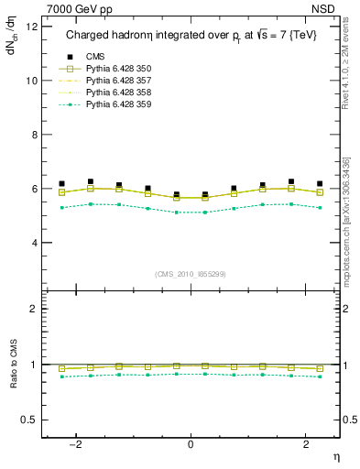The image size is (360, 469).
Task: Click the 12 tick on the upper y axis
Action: tap(32, 27)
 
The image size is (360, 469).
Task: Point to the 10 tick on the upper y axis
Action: tap(32, 81)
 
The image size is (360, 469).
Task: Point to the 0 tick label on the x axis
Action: tap(191, 444)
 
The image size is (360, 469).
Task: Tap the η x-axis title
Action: tap(336, 454)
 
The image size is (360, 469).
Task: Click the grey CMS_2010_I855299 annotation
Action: tap(191, 273)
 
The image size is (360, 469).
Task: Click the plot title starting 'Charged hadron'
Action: tap(191, 37)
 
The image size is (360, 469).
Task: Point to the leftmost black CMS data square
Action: tap(61, 183)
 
